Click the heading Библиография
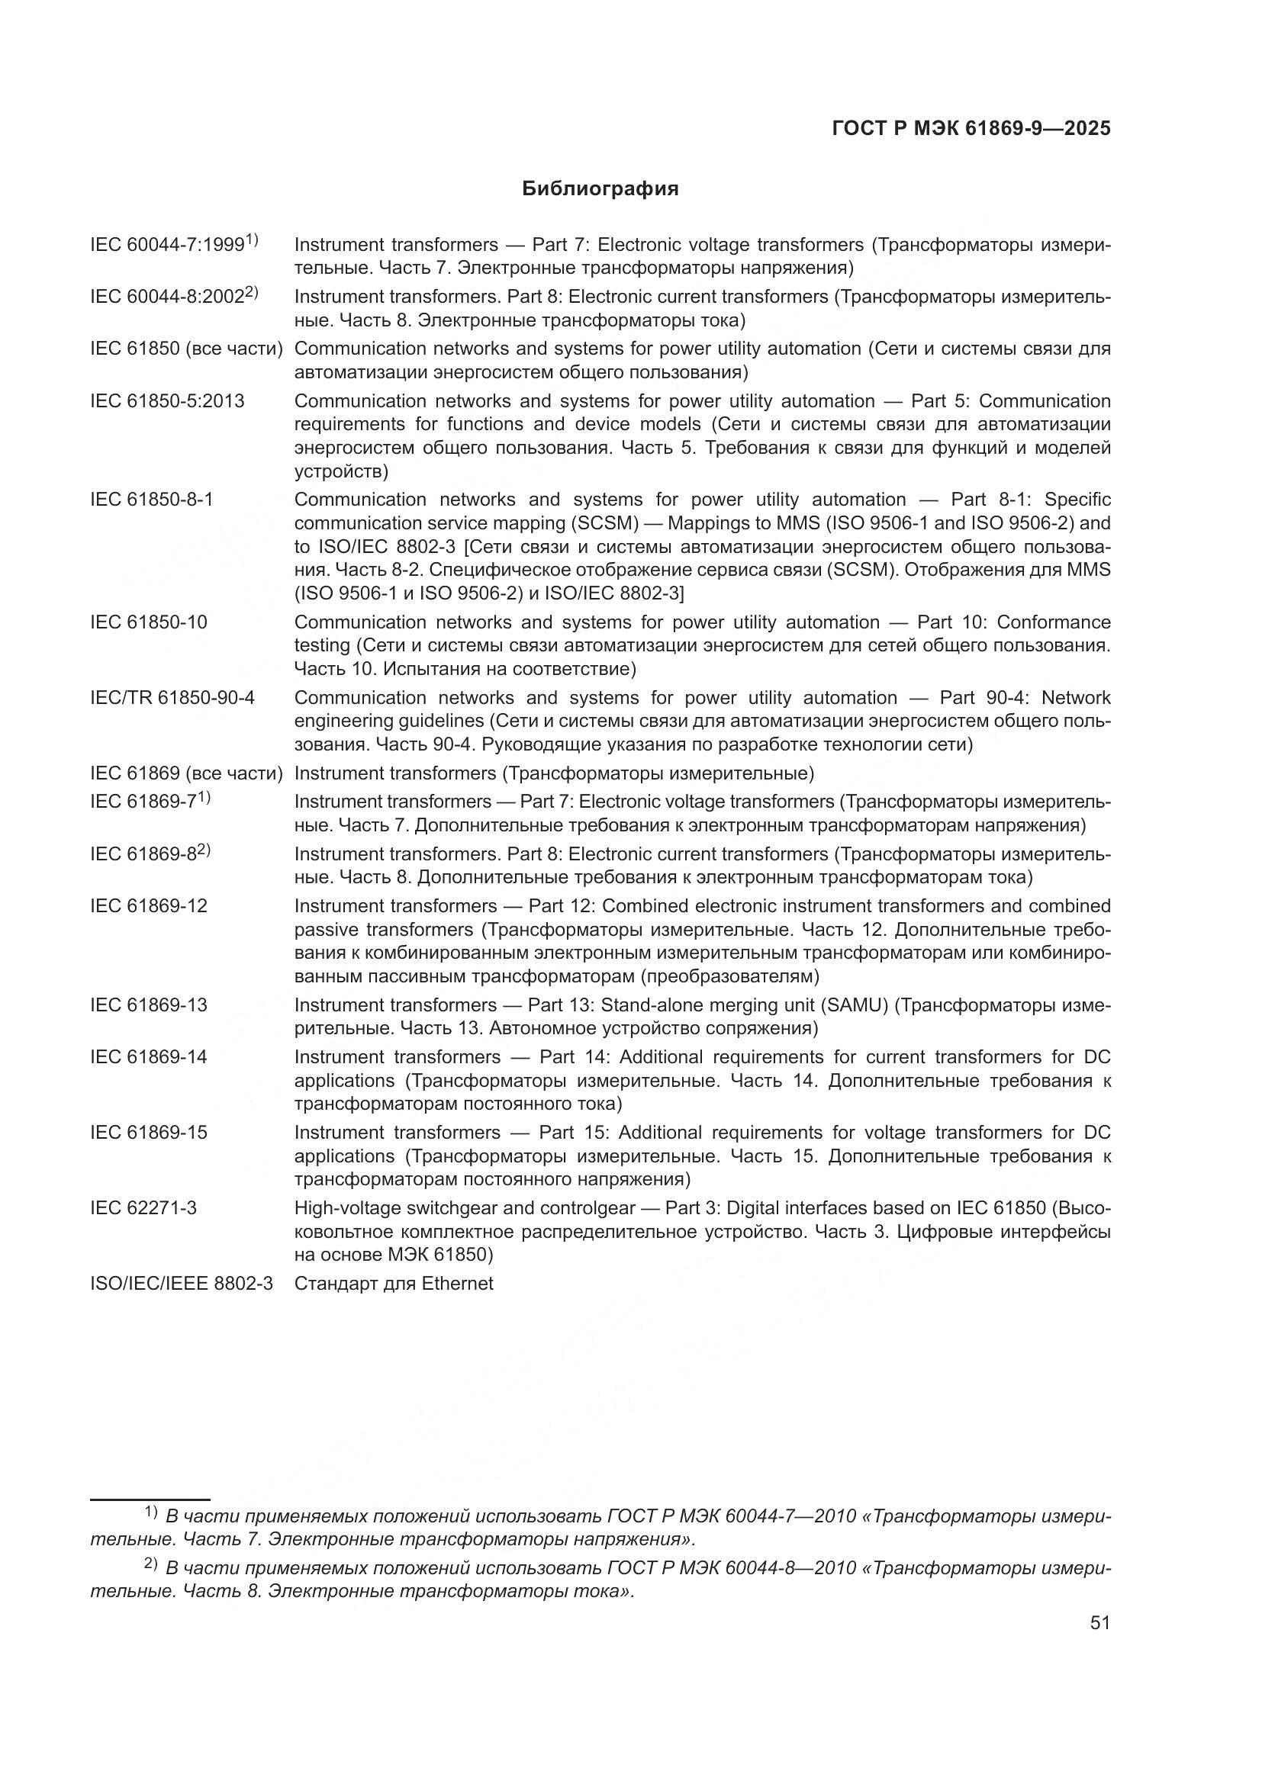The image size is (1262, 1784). click(600, 189)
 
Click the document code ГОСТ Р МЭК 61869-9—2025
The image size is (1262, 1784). click(971, 129)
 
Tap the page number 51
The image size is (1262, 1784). click(1099, 1622)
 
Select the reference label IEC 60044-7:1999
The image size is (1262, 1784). click(168, 245)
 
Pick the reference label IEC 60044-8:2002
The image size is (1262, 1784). click(168, 297)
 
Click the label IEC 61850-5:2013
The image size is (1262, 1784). click(167, 401)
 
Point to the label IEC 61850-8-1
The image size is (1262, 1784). click(152, 500)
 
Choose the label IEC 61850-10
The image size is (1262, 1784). click(150, 622)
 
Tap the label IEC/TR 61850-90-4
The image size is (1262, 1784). click(172, 698)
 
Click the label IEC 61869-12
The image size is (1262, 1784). click(150, 906)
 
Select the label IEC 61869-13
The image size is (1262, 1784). click(150, 1005)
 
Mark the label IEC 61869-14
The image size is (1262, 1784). click(150, 1056)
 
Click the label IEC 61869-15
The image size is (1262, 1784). click(150, 1133)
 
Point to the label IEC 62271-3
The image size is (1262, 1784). click(143, 1208)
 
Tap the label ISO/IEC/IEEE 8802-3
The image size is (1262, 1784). click(182, 1284)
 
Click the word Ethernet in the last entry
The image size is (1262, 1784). click(457, 1284)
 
